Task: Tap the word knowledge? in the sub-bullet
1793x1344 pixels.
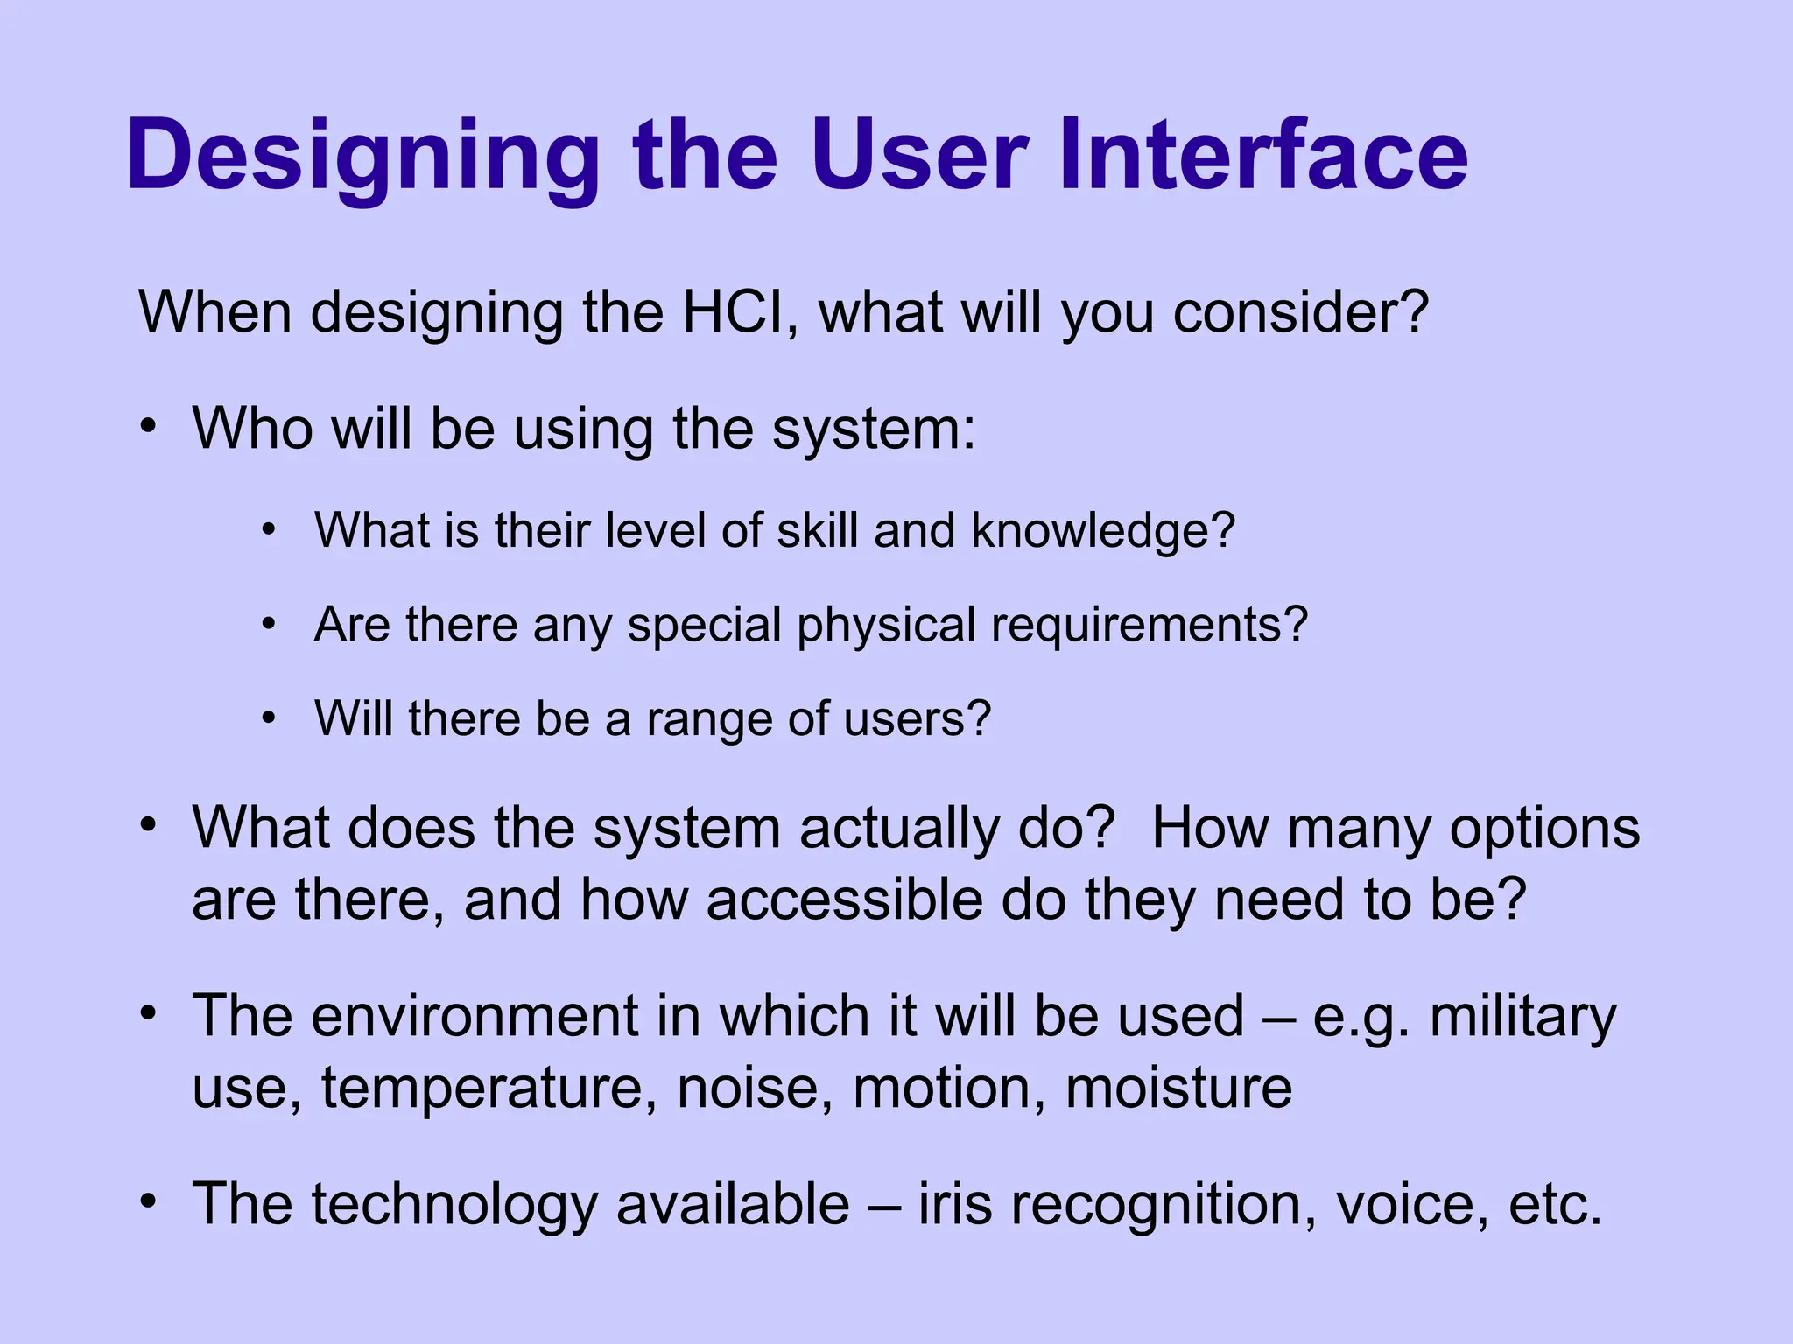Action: click(x=1103, y=531)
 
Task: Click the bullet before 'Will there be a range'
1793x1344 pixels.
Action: click(x=269, y=717)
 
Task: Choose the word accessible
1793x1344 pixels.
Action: click(x=845, y=899)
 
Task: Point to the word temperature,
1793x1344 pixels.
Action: click(x=489, y=1089)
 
